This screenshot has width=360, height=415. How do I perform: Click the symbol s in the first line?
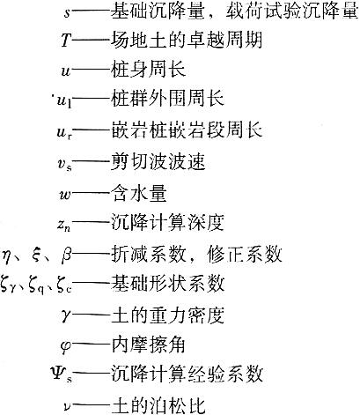[x=67, y=14]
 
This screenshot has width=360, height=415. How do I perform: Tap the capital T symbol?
[x=66, y=41]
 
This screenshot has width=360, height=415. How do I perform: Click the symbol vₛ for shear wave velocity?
[x=64, y=164]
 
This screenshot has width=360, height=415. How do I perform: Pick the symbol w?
[x=65, y=195]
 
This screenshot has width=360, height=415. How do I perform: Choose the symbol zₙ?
[x=64, y=226]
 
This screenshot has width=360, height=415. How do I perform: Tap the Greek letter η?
[x=8, y=256]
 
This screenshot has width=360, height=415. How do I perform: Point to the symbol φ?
[x=66, y=346]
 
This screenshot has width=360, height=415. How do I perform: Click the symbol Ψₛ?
[x=62, y=374]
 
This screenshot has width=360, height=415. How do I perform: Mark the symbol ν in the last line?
[x=68, y=407]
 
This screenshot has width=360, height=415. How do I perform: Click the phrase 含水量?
[x=138, y=194]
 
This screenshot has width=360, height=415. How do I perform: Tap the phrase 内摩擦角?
[x=148, y=345]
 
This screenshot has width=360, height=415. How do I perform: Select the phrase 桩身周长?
[x=148, y=70]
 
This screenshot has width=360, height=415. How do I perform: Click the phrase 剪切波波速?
[x=158, y=162]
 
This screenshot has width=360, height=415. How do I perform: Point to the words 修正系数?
[x=244, y=255]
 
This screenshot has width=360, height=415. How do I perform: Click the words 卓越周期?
[x=225, y=40]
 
